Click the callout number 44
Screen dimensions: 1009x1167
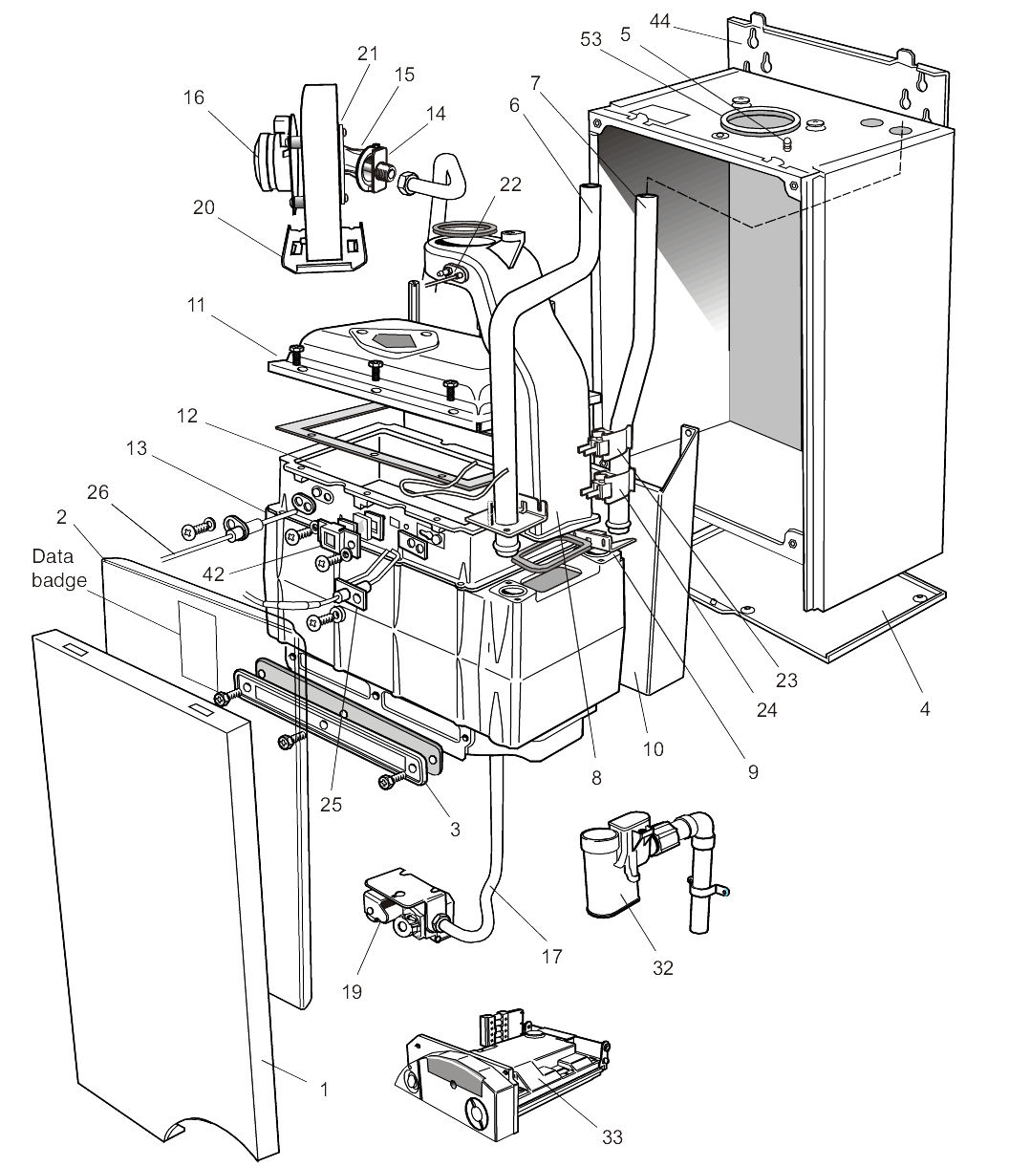[659, 21]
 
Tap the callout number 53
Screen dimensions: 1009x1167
[590, 39]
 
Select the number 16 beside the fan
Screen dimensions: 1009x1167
[194, 97]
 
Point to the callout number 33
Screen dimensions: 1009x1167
[612, 1136]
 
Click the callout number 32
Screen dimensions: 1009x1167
[663, 968]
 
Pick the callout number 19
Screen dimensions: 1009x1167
[352, 991]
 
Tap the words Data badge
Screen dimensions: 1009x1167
[58, 569]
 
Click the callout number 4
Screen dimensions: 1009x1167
[924, 708]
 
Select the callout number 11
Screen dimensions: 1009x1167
[196, 306]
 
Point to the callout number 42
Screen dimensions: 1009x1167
[213, 574]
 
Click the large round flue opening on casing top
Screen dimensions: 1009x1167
[761, 120]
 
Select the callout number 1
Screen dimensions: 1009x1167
[324, 1090]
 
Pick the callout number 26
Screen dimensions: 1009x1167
[97, 492]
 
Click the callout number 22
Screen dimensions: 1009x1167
[510, 184]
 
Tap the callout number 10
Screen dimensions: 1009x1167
[653, 749]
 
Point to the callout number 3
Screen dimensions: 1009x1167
[455, 830]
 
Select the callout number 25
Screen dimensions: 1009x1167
[331, 805]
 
